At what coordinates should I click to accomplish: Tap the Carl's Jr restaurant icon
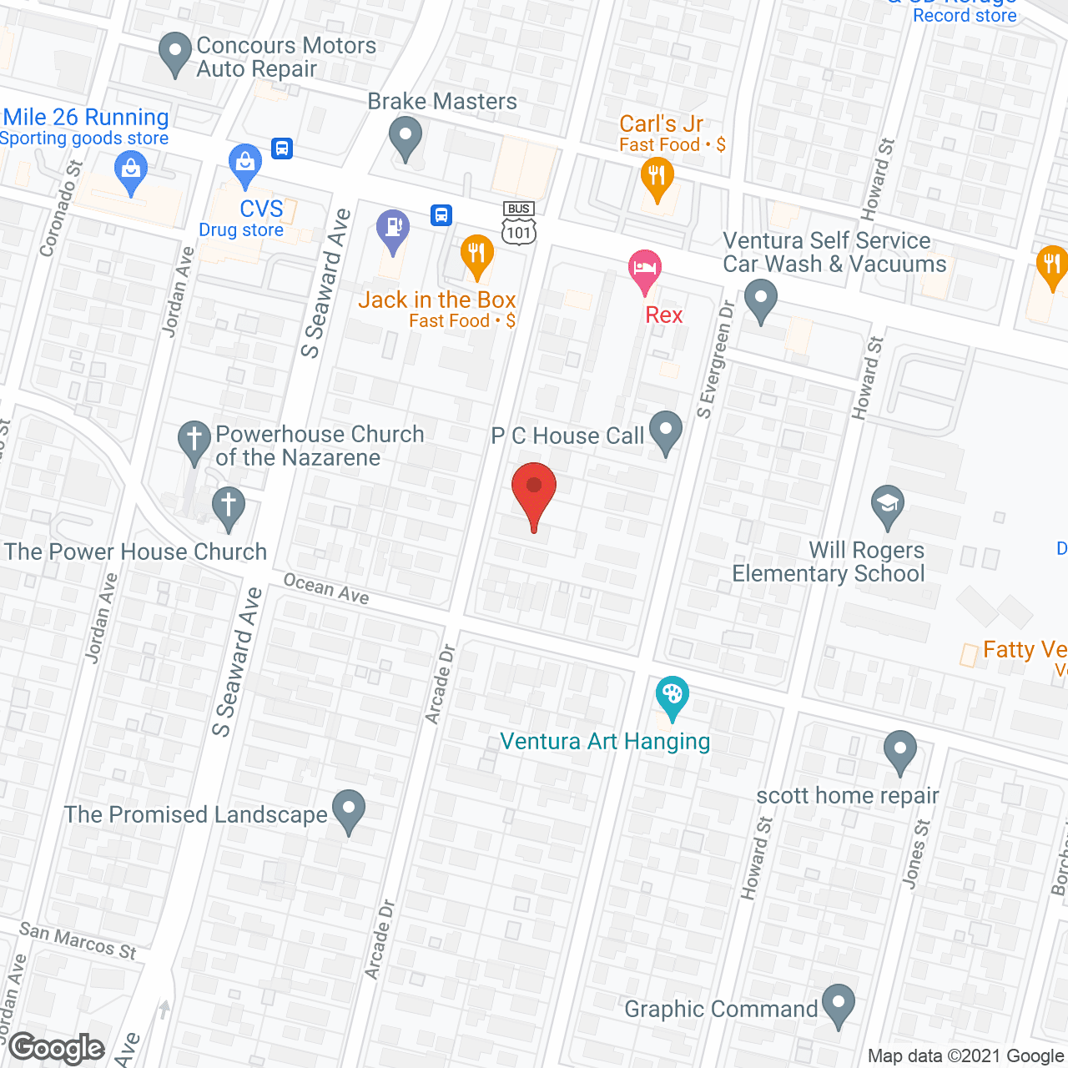pyautogui.click(x=657, y=178)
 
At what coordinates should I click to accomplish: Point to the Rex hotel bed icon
pyautogui.click(x=644, y=270)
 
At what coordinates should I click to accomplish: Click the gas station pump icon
pyautogui.click(x=392, y=228)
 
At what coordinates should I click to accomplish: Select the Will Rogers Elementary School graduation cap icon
pyautogui.click(x=888, y=505)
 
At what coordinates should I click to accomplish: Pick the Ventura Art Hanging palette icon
pyautogui.click(x=672, y=695)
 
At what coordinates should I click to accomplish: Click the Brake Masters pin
pyautogui.click(x=406, y=136)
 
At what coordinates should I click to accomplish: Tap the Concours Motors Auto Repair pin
pyautogui.click(x=174, y=52)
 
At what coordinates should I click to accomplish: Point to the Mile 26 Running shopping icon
pyautogui.click(x=130, y=170)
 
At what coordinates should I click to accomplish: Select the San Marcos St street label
pyautogui.click(x=78, y=940)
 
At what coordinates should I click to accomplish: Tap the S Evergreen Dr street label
pyautogui.click(x=715, y=359)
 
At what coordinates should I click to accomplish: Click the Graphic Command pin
pyautogui.click(x=839, y=1004)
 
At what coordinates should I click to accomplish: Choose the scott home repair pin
pyautogui.click(x=899, y=749)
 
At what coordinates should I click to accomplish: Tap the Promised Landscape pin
pyautogui.click(x=349, y=809)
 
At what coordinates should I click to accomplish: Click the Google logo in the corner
pyautogui.click(x=57, y=1048)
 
